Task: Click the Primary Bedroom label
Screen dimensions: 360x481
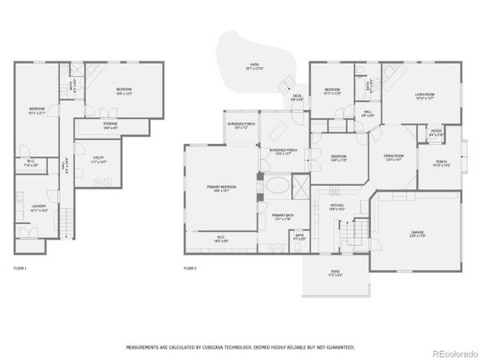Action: click(x=219, y=188)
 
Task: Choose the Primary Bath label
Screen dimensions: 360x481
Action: click(x=282, y=217)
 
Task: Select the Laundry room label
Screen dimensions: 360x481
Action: click(x=38, y=208)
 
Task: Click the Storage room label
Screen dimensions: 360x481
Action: click(x=111, y=125)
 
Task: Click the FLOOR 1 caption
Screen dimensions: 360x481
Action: click(x=20, y=268)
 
